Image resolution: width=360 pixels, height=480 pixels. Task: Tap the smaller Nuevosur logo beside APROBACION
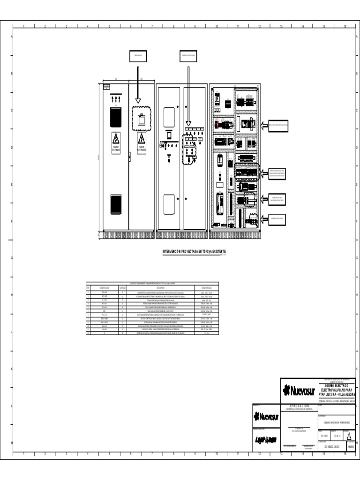[266, 417]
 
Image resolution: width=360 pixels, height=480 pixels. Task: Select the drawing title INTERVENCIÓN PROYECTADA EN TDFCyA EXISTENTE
[194, 252]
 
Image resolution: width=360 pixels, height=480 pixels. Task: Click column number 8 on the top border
[174, 26]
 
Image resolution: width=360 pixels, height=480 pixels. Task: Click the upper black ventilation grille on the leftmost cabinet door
[116, 117]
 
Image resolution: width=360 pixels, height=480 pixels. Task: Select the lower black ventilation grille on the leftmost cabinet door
[116, 202]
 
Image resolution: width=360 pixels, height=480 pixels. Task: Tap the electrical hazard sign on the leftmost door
[116, 140]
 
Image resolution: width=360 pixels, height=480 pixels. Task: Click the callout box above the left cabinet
[139, 56]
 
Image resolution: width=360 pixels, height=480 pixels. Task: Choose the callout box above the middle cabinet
[188, 56]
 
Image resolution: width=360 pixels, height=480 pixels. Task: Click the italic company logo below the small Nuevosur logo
[265, 440]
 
